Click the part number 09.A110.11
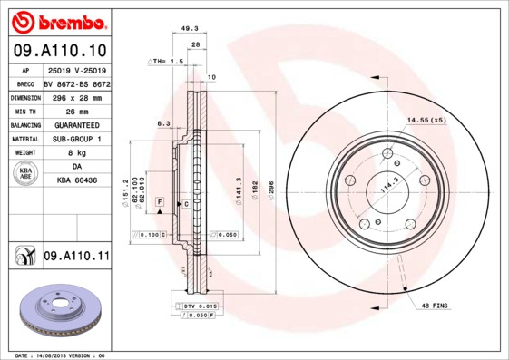point(76,257)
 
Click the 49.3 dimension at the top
point(190,29)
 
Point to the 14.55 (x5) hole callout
point(426,120)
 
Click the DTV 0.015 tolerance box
point(197,307)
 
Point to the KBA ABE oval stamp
point(26,175)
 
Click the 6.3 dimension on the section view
point(163,122)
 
